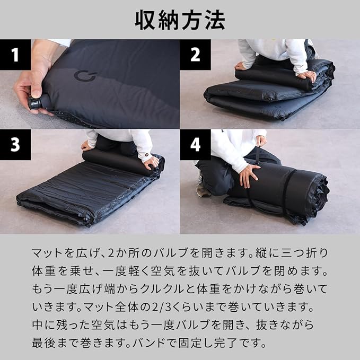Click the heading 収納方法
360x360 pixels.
[x=180, y=20]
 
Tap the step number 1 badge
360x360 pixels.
[x=15, y=55]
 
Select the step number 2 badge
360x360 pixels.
[x=195, y=55]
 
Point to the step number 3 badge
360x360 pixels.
[x=15, y=145]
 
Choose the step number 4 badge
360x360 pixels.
[x=195, y=145]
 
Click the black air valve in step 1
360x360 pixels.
[x=35, y=103]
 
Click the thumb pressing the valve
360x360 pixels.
[x=36, y=89]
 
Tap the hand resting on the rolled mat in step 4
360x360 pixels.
[x=249, y=175]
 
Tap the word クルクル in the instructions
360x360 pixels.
[x=162, y=289]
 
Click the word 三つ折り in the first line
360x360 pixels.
[x=304, y=253]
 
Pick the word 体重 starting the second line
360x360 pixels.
[x=43, y=271]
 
